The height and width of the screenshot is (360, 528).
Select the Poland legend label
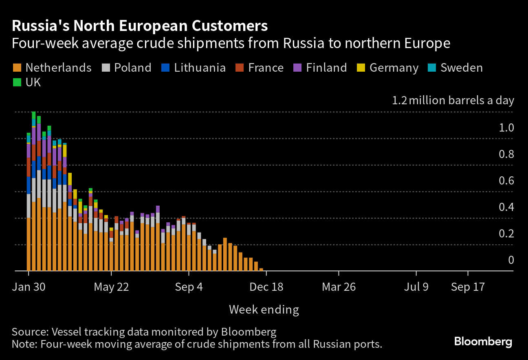coord(132,68)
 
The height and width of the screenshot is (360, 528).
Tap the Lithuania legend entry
coord(200,68)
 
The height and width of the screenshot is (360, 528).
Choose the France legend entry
coord(266,68)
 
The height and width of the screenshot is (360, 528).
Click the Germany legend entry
coord(394,68)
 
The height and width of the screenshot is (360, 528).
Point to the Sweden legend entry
coord(461,68)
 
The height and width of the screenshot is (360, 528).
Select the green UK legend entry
coord(33,82)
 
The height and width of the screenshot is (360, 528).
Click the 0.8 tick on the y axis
coord(506,154)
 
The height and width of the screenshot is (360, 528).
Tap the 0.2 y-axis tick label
coord(506,234)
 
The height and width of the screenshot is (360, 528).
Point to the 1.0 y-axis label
coord(506,128)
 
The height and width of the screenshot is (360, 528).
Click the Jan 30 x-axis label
coord(28,287)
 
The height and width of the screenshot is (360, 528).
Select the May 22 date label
coord(111,287)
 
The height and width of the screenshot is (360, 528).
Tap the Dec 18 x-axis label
coord(266,287)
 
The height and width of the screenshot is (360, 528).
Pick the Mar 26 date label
coord(339,287)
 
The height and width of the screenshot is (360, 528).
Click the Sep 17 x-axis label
coord(468,287)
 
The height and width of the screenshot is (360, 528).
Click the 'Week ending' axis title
coord(264,310)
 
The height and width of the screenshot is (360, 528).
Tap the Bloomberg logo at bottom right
coord(483,341)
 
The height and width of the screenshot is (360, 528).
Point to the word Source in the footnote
coord(27,331)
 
